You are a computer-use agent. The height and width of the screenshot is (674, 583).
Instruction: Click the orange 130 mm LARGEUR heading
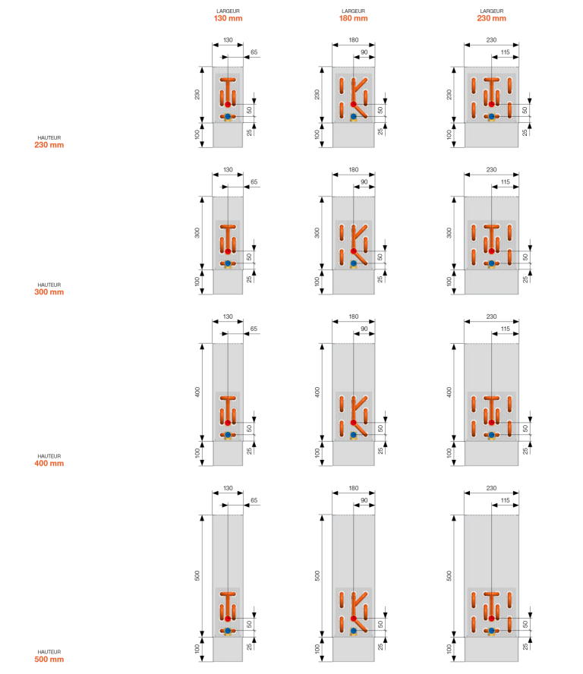[x=228, y=18]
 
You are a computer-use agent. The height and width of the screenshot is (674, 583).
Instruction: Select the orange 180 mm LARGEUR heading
[x=354, y=18]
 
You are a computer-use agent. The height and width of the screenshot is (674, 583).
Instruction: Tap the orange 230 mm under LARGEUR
[x=491, y=18]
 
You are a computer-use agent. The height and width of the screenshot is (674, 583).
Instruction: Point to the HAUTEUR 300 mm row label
[x=49, y=289]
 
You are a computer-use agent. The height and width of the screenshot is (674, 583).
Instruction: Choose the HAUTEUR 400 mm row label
[x=49, y=461]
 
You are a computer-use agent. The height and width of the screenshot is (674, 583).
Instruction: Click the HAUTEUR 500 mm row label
[x=49, y=656]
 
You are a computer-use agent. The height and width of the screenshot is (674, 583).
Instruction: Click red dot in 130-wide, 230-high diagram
[x=228, y=105]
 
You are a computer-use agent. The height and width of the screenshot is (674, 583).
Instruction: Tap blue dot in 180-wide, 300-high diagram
[x=354, y=263]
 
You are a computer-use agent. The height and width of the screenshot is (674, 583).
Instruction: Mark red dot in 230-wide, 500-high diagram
[x=491, y=619]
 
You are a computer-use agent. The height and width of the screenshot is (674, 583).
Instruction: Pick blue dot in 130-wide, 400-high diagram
[x=228, y=435]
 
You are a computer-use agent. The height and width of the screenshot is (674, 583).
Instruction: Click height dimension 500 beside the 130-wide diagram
[x=197, y=575]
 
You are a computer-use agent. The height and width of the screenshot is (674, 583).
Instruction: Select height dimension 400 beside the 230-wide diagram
[x=449, y=392]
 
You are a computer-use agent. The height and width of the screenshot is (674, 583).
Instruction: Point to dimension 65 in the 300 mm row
[x=254, y=182]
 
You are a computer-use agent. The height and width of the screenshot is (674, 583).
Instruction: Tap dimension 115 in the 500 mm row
[x=505, y=500]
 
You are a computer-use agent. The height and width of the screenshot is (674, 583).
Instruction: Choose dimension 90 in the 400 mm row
[x=364, y=329]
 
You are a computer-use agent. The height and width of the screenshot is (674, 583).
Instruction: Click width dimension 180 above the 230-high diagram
[x=354, y=40]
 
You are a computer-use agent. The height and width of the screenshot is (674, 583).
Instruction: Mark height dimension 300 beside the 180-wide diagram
[x=317, y=233]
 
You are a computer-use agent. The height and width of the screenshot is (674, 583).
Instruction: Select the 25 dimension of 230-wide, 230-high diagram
[x=525, y=132]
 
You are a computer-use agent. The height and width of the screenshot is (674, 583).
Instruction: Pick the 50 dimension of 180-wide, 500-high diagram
[x=380, y=624]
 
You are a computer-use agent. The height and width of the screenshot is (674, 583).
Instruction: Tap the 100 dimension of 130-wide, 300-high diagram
[x=197, y=282]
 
